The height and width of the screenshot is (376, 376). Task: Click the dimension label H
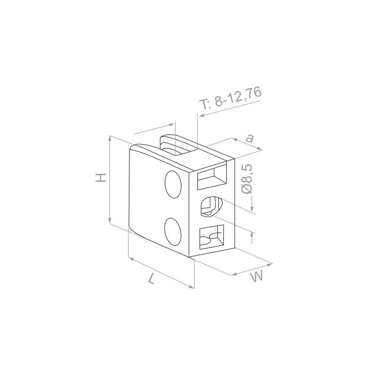point(101,177)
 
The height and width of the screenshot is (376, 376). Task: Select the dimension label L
point(152,279)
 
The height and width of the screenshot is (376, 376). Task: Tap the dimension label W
point(257,276)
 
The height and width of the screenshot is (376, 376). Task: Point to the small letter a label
point(250,138)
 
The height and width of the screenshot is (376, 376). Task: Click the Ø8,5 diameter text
point(247,179)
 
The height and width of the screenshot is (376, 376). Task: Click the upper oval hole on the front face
point(173,184)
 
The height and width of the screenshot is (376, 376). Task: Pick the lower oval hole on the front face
point(173,231)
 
